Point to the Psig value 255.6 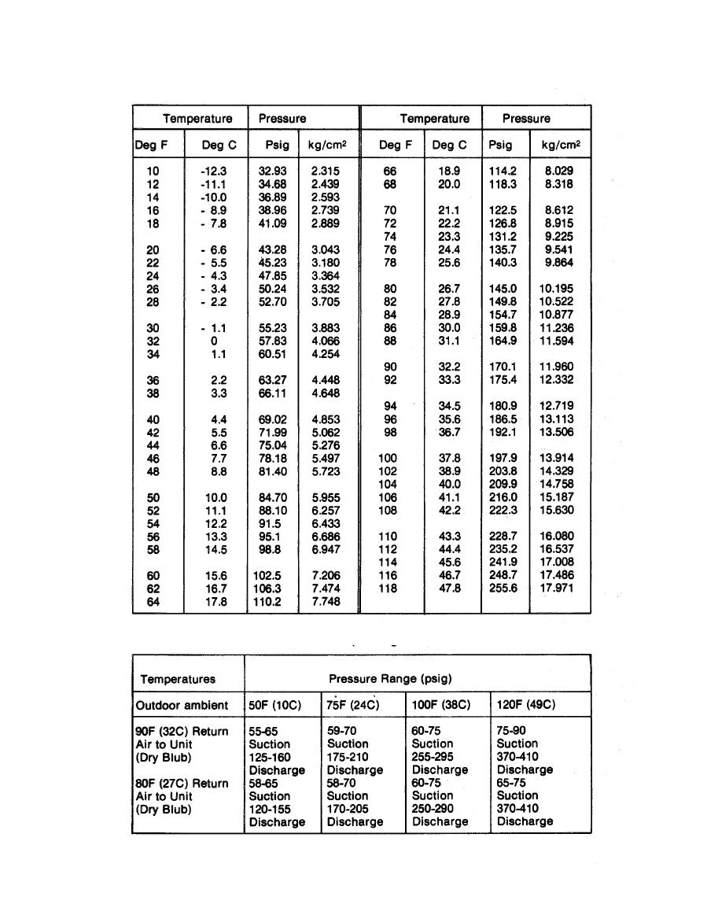503,588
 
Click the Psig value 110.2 271,601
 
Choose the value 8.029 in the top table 558,171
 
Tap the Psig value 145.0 503,289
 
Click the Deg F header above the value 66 396,145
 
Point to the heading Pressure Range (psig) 390,677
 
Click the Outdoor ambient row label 182,705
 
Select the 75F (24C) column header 353,705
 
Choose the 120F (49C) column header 526,705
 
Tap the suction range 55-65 263,731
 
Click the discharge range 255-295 432,757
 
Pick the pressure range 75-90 512,731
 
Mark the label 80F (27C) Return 182,783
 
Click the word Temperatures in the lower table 178,678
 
